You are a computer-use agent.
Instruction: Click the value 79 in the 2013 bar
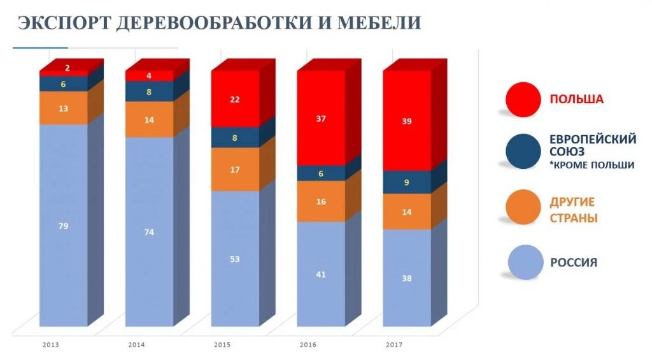coord(63,226)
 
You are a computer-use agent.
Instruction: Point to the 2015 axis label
coord(223,345)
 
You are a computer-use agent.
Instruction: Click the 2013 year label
coord(51,345)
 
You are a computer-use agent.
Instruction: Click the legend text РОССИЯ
coord(574,263)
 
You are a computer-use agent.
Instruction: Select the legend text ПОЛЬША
coord(576,99)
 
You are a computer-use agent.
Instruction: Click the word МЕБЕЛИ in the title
coord(381,24)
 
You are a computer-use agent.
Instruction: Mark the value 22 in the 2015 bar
coord(235,99)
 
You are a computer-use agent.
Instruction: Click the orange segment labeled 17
coord(235,169)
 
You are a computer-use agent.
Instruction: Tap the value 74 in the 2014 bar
coord(149,232)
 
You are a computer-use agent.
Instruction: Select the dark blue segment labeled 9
coord(407,182)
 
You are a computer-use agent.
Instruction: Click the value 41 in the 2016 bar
coord(321,274)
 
